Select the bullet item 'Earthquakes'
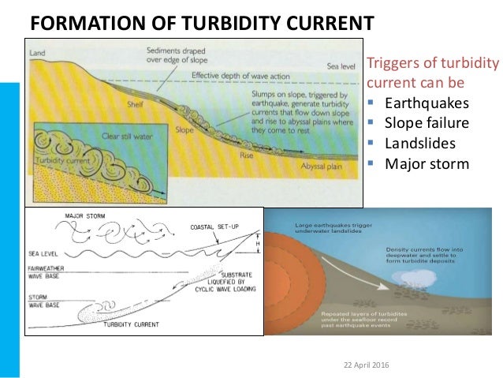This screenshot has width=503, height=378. tap(426, 103)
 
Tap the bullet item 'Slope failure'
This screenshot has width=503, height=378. tap(426, 123)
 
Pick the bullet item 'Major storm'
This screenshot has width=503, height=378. tap(426, 164)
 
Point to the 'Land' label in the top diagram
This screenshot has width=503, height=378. tap(38, 53)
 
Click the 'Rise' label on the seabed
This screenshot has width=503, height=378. tap(244, 156)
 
